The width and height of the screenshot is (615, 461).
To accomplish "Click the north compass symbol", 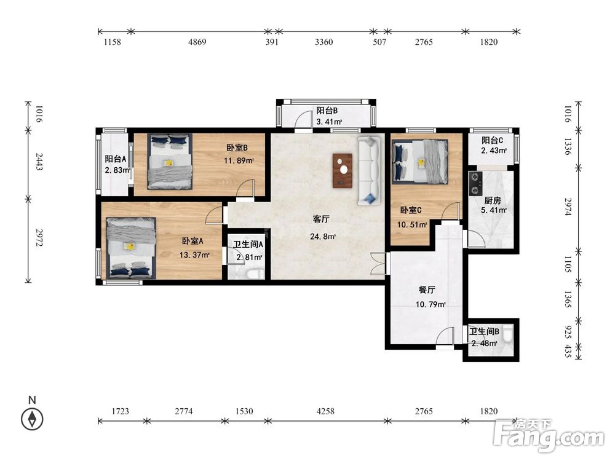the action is pos(32,419).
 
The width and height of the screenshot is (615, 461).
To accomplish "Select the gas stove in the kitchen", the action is pos(475,184).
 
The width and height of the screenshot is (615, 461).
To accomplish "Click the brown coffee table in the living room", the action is pos(343,170).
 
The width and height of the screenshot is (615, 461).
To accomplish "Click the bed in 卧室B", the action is pos(170,161).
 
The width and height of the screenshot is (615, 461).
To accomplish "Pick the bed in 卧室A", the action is pos(131,248).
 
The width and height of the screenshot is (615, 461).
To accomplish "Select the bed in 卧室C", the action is pos(419,162).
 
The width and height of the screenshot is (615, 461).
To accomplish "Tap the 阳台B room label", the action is pos(327,111).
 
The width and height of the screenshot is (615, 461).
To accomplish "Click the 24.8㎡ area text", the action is pos(323,237).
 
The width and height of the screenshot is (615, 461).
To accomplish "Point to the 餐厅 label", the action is pos(427,290).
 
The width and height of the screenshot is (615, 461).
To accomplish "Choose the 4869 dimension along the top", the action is pos(197,42).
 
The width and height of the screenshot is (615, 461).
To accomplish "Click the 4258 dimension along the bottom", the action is pos(325,411).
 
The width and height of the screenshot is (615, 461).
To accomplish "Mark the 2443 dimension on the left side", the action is pos(39,162).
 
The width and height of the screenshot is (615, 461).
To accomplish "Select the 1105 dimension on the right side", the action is pos(568,264).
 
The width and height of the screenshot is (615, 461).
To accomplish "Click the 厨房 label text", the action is pos(493,201).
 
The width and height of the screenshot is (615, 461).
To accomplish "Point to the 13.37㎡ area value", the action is pos(194,255).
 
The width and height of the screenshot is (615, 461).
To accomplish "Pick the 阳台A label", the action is pos(116,159).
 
